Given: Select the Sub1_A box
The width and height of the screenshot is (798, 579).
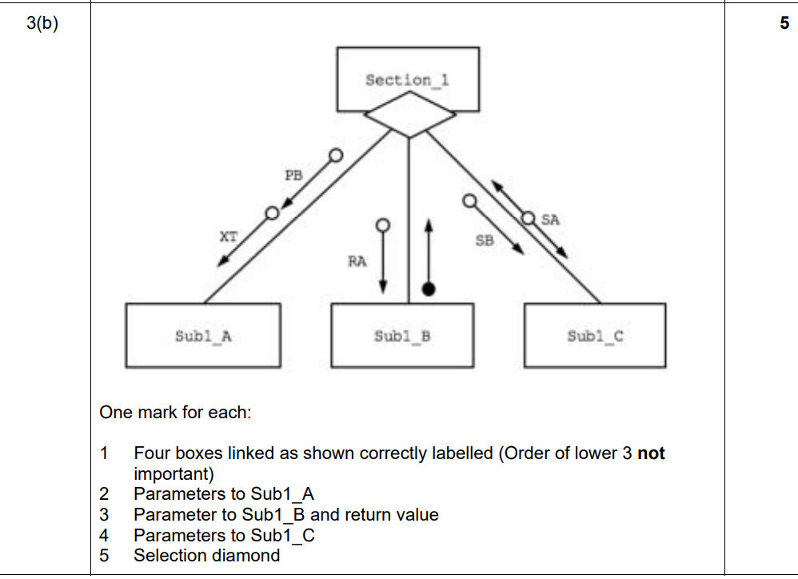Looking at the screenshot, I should (x=203, y=336).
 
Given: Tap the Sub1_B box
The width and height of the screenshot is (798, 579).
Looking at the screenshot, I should (x=401, y=336).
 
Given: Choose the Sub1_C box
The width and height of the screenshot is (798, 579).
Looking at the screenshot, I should (x=595, y=336).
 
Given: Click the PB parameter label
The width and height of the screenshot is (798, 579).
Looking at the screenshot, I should (x=294, y=176).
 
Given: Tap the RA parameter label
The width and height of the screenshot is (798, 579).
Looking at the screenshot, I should (x=357, y=262).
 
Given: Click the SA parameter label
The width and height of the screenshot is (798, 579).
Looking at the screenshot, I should (x=550, y=218).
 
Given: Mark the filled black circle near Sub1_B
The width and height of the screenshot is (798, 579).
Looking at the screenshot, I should (x=429, y=289).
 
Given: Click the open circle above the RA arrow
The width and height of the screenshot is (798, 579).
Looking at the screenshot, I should (x=383, y=225).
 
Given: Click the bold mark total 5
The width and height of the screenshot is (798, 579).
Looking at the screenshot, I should (x=784, y=23).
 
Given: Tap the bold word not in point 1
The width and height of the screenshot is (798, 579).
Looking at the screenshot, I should (x=651, y=453).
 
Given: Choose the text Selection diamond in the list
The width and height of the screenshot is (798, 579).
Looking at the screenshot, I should (x=206, y=555).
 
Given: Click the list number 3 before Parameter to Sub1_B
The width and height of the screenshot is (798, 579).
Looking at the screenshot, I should (x=104, y=514).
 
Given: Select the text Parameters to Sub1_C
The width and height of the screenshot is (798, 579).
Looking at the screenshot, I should (x=224, y=535).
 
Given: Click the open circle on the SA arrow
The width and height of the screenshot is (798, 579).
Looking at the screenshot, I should (x=529, y=218).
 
